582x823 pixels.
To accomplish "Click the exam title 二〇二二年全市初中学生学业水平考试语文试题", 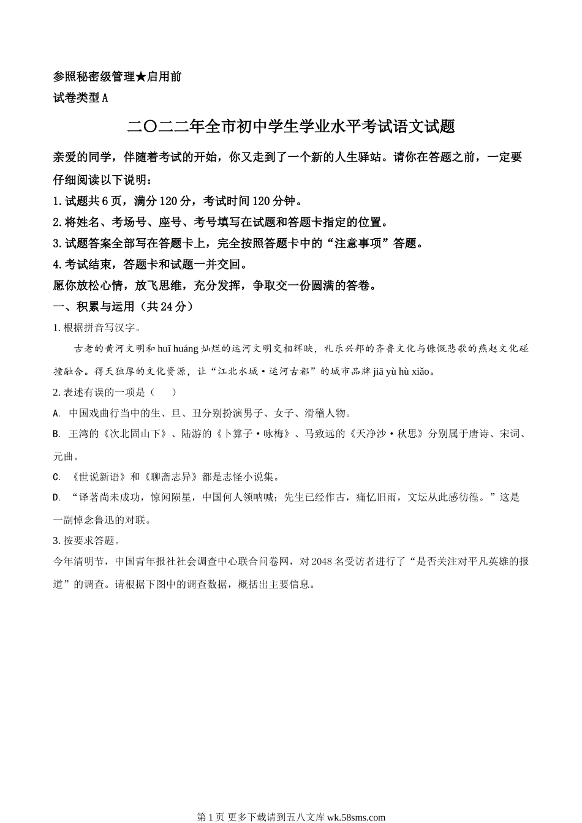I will point(291,127).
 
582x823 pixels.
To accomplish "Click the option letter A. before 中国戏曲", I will point(56,413).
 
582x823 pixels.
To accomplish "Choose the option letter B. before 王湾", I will point(56,434).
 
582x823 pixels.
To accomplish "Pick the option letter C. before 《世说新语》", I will point(56,477).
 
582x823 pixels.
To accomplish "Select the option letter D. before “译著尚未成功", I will point(56,498).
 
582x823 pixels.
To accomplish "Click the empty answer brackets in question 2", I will point(163,393).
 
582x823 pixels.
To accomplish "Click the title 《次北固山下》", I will point(135,434).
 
